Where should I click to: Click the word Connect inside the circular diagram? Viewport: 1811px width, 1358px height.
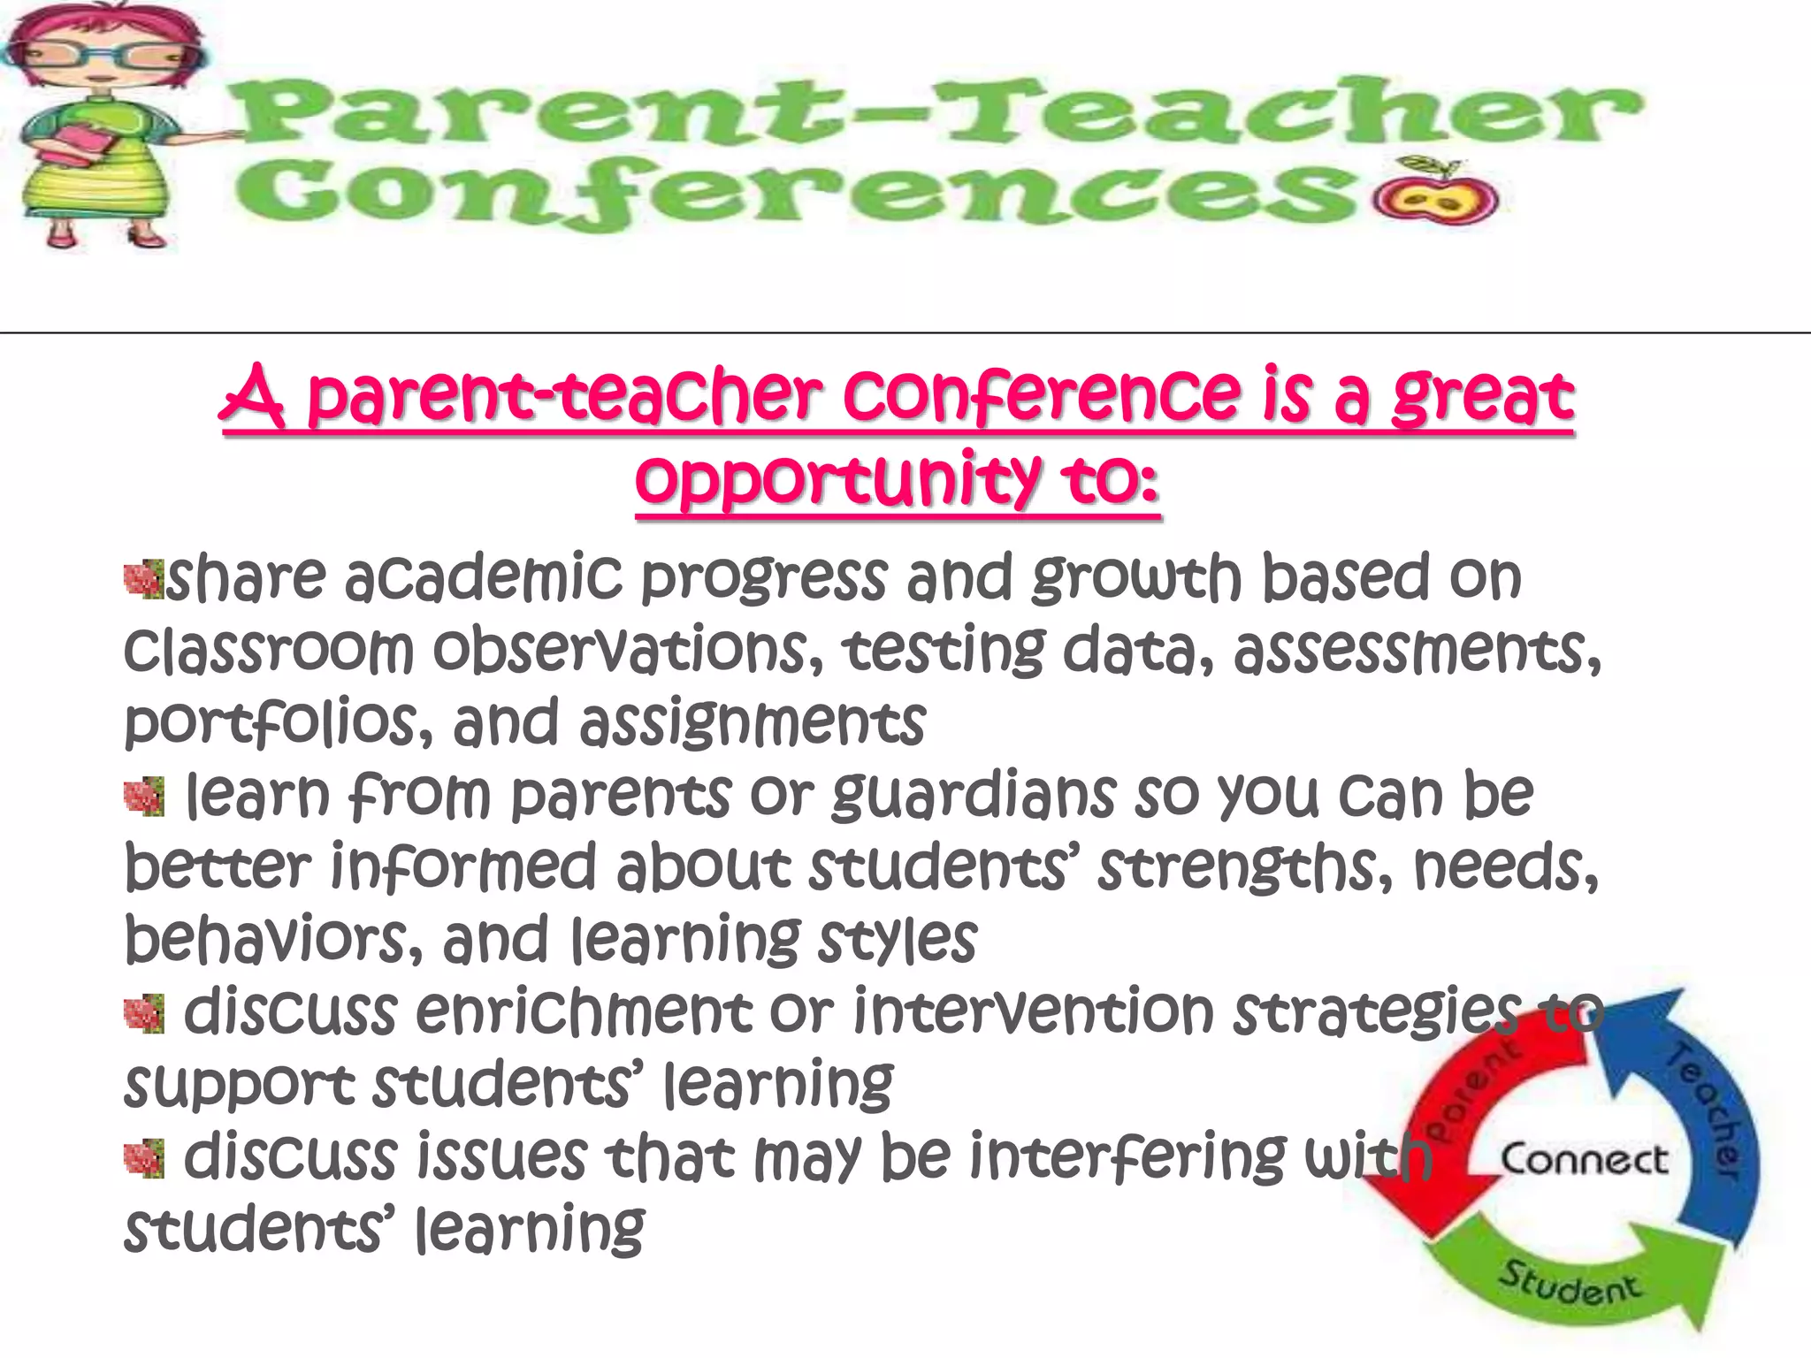[1584, 1159]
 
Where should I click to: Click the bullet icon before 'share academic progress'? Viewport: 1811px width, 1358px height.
[143, 580]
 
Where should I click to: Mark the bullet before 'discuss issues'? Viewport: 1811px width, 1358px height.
[143, 1159]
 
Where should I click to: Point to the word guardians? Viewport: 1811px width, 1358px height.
[973, 796]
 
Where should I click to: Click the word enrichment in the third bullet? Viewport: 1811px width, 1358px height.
[584, 1012]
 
